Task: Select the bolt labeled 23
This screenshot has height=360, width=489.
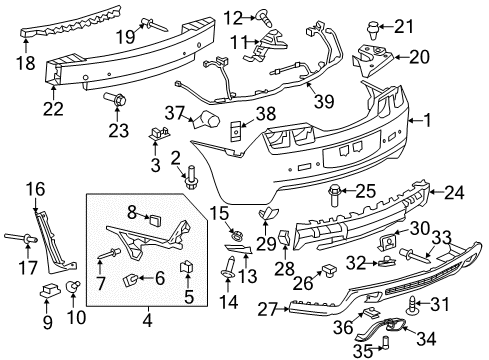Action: pyautogui.click(x=115, y=100)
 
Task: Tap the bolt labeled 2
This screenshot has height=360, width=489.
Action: pyautogui.click(x=190, y=181)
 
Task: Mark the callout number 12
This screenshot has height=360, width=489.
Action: pyautogui.click(x=232, y=15)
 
